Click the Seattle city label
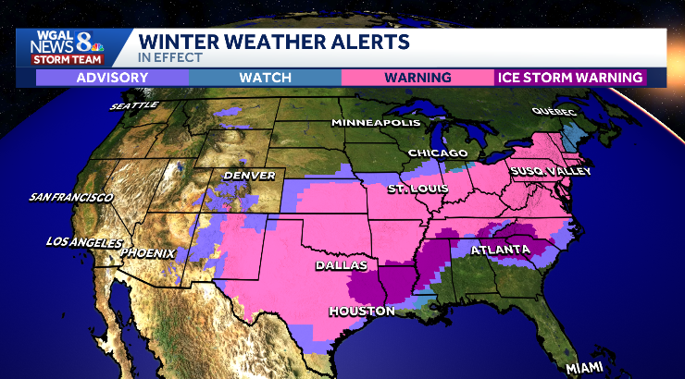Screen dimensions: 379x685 click(x=134, y=105)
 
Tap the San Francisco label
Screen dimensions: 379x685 click(x=71, y=197)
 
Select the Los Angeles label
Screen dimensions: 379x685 click(x=84, y=242)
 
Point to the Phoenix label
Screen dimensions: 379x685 click(x=148, y=251)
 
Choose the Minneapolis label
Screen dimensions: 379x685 click(x=376, y=123)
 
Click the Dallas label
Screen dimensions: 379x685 click(x=335, y=265)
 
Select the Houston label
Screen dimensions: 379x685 click(x=361, y=311)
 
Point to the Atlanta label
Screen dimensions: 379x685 click(x=500, y=251)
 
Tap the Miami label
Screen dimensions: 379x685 click(x=586, y=367)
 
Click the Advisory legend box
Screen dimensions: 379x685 click(x=112, y=78)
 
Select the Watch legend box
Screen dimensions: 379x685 click(x=265, y=78)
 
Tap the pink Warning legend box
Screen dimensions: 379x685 click(x=418, y=78)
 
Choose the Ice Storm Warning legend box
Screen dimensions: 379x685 click(x=569, y=78)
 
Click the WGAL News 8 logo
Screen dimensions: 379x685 click(x=68, y=46)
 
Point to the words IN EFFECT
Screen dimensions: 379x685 click(x=165, y=56)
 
